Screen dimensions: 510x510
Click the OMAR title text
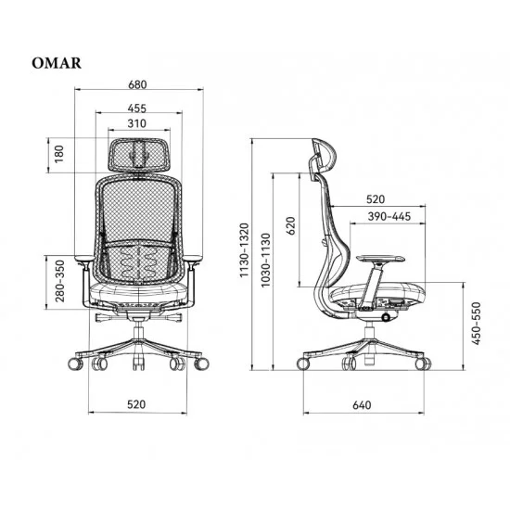pyautogui.click(x=57, y=63)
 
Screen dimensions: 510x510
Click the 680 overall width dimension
pyautogui.click(x=137, y=84)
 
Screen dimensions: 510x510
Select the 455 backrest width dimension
pyautogui.click(x=137, y=108)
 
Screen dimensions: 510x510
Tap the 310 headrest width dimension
pyautogui.click(x=137, y=123)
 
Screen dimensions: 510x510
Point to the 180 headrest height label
pyautogui.click(x=58, y=154)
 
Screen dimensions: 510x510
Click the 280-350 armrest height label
pyautogui.click(x=60, y=281)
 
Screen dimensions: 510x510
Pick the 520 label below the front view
pyautogui.click(x=136, y=404)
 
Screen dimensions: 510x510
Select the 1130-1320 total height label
pyautogui.click(x=244, y=250)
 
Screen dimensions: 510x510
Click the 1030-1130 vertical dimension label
pyautogui.click(x=266, y=261)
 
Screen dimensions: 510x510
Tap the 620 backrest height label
pyautogui.click(x=291, y=225)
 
